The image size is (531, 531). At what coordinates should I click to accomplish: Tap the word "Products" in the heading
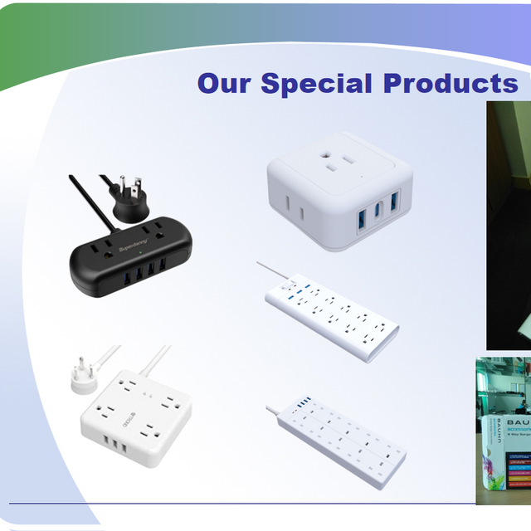coord(451,84)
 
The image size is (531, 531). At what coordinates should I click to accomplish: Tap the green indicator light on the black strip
coord(142,249)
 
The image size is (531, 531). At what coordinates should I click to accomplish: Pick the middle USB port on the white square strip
coord(111,426)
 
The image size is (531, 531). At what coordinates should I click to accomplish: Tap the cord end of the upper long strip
coord(260,265)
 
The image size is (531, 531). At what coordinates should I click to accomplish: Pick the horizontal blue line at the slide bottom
coord(241,503)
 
